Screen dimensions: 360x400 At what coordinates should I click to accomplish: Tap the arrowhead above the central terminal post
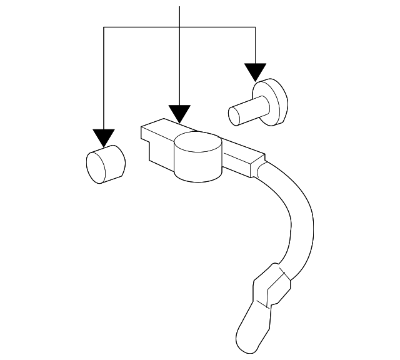[x=179, y=114]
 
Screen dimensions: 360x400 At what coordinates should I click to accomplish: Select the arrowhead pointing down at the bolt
[x=255, y=72]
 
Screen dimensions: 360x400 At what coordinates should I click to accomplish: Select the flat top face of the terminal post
[x=197, y=146]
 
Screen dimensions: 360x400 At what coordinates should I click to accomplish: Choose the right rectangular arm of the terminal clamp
[x=241, y=159]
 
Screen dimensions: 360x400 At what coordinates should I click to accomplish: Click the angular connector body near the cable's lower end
[x=270, y=287]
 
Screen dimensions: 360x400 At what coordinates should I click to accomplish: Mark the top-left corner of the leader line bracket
[x=104, y=27]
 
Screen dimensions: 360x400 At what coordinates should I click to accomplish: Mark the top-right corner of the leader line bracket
[x=255, y=27]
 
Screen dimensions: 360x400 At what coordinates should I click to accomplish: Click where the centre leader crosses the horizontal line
[x=179, y=27]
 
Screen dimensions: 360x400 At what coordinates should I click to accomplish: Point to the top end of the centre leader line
[x=179, y=7]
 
